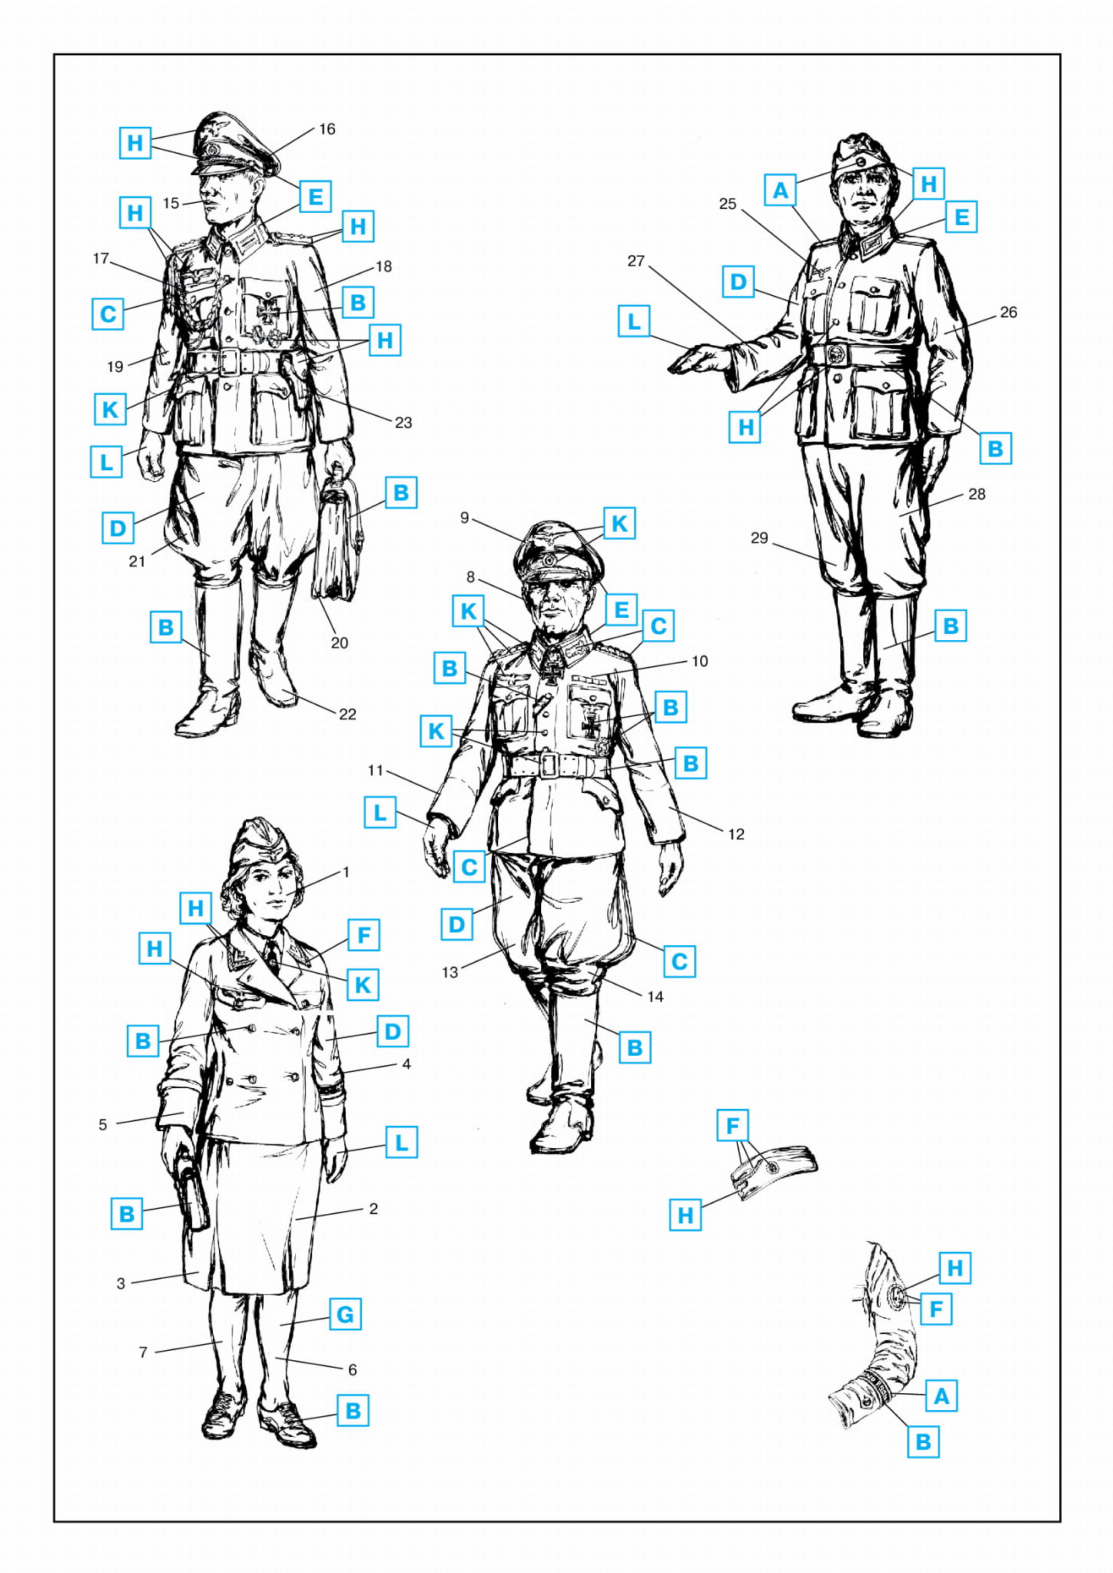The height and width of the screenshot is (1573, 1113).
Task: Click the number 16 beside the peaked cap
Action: tap(327, 129)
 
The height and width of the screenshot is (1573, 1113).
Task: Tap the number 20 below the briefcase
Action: tap(339, 642)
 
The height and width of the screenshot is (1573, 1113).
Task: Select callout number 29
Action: tap(759, 538)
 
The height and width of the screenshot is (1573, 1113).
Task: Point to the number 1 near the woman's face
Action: tap(346, 872)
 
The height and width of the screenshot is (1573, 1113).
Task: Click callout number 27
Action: tap(636, 261)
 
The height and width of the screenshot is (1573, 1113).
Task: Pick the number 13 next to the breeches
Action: tap(450, 972)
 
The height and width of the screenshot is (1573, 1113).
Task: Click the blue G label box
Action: tap(345, 1315)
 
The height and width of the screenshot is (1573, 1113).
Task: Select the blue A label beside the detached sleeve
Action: tap(942, 1395)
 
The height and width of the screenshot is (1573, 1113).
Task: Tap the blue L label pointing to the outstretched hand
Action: tap(634, 321)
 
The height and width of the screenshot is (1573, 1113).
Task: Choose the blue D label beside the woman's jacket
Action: tap(393, 1031)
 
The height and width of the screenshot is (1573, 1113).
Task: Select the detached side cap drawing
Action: tap(773, 1171)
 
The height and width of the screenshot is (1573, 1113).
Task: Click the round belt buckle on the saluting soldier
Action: tap(837, 354)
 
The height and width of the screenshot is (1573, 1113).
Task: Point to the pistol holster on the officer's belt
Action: tap(296, 377)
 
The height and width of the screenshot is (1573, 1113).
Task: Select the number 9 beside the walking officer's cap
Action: tap(464, 518)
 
